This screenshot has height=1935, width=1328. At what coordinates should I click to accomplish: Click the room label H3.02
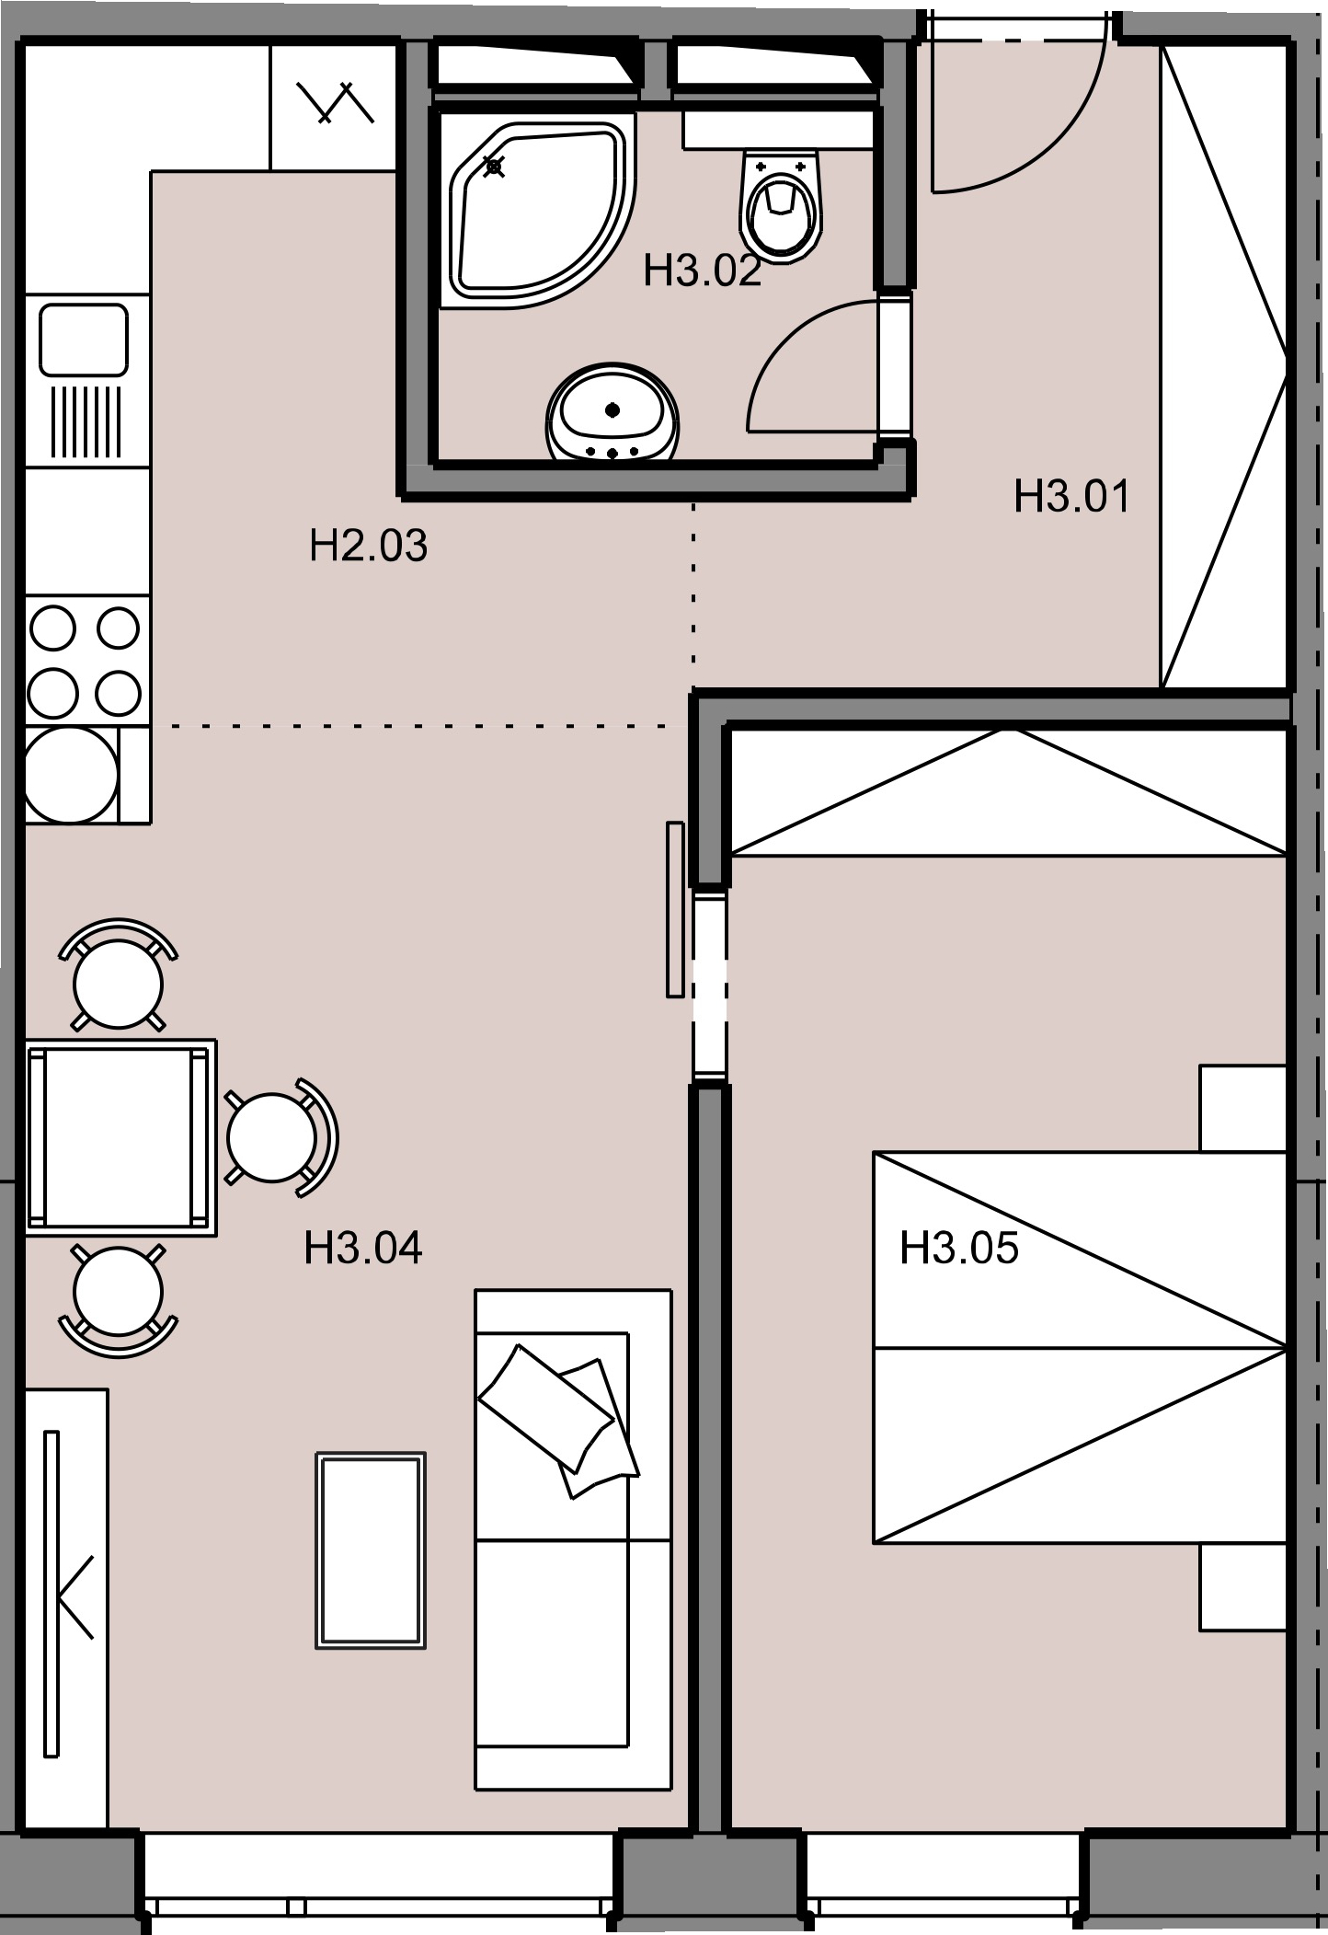pos(703,271)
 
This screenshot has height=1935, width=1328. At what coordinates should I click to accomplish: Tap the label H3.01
pos(1071,496)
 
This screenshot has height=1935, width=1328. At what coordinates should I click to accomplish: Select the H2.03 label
pos(369,546)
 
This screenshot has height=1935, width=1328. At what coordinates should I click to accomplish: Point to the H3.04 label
pos(363,1249)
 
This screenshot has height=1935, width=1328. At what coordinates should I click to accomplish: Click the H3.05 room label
pos(959,1249)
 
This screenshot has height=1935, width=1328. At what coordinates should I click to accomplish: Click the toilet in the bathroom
pos(780,202)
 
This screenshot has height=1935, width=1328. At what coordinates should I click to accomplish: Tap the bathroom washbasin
pos(612,412)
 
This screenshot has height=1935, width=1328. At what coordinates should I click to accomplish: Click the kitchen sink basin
pos(83,340)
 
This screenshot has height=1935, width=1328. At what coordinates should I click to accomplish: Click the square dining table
pos(120,1138)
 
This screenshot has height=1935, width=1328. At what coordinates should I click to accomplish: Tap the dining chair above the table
pos(118,975)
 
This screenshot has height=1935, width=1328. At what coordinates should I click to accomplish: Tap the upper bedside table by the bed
pos(1242,1109)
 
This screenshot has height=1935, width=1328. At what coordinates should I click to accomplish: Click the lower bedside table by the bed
pos(1242,1587)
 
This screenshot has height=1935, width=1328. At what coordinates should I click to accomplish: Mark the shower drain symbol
pos(495,167)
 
